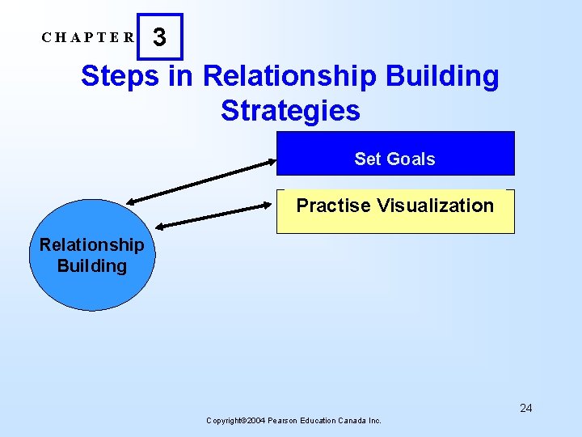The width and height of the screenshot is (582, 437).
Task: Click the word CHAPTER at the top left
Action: pyautogui.click(x=88, y=37)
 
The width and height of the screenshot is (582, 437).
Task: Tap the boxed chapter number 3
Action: pyautogui.click(x=160, y=37)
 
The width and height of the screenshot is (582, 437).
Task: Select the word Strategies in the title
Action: pyautogui.click(x=290, y=110)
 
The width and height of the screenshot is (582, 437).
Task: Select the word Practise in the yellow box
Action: pyautogui.click(x=330, y=206)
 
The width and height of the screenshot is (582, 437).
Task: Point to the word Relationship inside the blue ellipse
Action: pyautogui.click(x=92, y=244)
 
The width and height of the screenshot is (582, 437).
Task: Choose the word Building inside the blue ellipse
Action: pyautogui.click(x=92, y=265)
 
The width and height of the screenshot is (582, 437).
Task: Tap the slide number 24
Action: pyautogui.click(x=525, y=408)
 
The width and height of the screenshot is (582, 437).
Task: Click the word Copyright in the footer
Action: pyautogui.click(x=226, y=421)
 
